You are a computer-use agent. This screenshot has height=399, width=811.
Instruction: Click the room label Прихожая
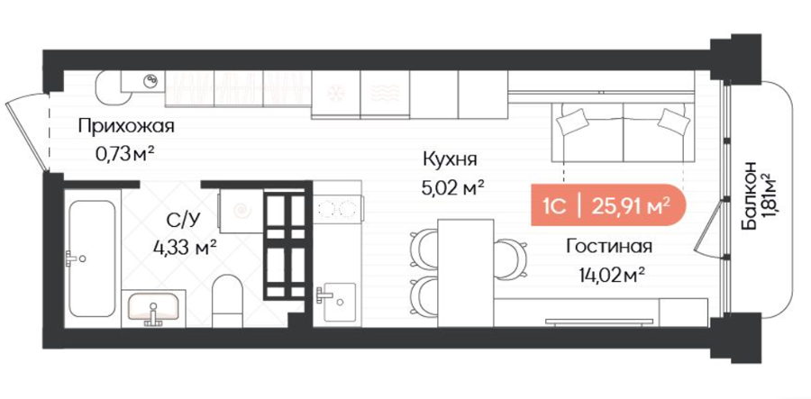(x=125, y=127)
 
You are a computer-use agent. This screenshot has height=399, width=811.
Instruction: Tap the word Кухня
(x=450, y=159)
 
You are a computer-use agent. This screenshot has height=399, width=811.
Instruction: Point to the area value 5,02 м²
(x=453, y=187)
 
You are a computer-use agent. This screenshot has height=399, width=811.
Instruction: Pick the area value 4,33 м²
(x=184, y=248)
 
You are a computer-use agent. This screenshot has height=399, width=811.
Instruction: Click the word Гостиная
(x=609, y=247)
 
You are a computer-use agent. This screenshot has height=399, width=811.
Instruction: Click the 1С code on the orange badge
(x=553, y=207)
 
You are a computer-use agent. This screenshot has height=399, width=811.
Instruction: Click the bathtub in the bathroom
(x=92, y=258)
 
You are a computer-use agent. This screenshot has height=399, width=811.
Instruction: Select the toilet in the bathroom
(x=227, y=301)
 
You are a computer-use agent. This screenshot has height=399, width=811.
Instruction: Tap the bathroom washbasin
(x=153, y=308)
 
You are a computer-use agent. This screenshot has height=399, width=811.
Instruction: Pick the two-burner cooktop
(x=337, y=209)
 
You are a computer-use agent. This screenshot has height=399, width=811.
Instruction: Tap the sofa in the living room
(x=624, y=132)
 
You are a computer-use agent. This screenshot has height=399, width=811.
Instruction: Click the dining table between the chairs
(x=466, y=272)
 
